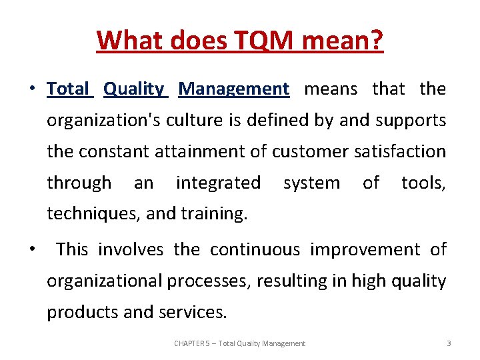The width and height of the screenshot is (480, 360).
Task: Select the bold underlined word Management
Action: click(x=234, y=89)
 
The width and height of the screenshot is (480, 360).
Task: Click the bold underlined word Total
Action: click(x=68, y=89)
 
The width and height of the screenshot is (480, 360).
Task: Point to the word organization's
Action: click(x=100, y=120)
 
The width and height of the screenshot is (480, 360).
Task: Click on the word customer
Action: click(x=310, y=151)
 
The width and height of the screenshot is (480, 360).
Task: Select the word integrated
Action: click(x=218, y=183)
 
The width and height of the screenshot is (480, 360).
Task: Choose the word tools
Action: click(x=423, y=183)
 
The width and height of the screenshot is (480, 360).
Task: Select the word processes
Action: click(x=206, y=281)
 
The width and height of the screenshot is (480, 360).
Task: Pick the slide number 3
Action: click(x=449, y=343)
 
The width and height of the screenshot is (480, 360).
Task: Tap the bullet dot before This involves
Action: click(x=31, y=250)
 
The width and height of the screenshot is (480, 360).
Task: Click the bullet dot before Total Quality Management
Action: click(x=31, y=89)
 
